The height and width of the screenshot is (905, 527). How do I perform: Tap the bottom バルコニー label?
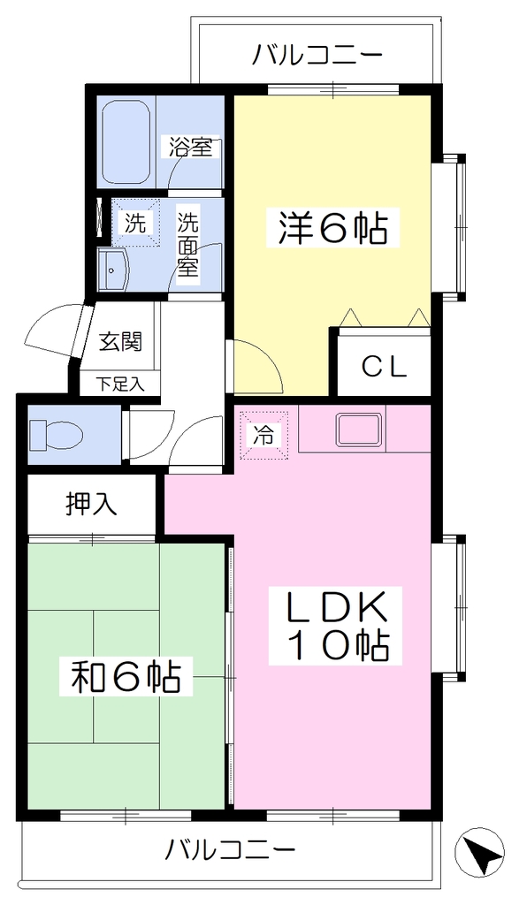coord(231,849)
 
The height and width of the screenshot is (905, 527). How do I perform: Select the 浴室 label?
coord(190,147)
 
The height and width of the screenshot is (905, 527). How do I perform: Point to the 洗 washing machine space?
coord(136,223)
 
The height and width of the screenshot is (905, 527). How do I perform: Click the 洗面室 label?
coord(187,244)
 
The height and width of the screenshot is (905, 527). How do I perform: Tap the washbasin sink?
coord(114,269)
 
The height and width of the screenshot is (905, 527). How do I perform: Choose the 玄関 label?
coord(120,342)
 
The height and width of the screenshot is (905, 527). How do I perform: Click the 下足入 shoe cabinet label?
coord(119,384)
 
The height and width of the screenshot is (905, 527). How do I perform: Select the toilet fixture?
coord(56,433)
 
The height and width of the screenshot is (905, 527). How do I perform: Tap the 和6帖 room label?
coord(126,676)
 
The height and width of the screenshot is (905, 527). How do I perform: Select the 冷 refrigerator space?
coord(264,435)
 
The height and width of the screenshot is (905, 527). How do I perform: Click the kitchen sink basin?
coord(361,430)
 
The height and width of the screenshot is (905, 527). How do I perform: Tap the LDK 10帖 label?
coord(329,624)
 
